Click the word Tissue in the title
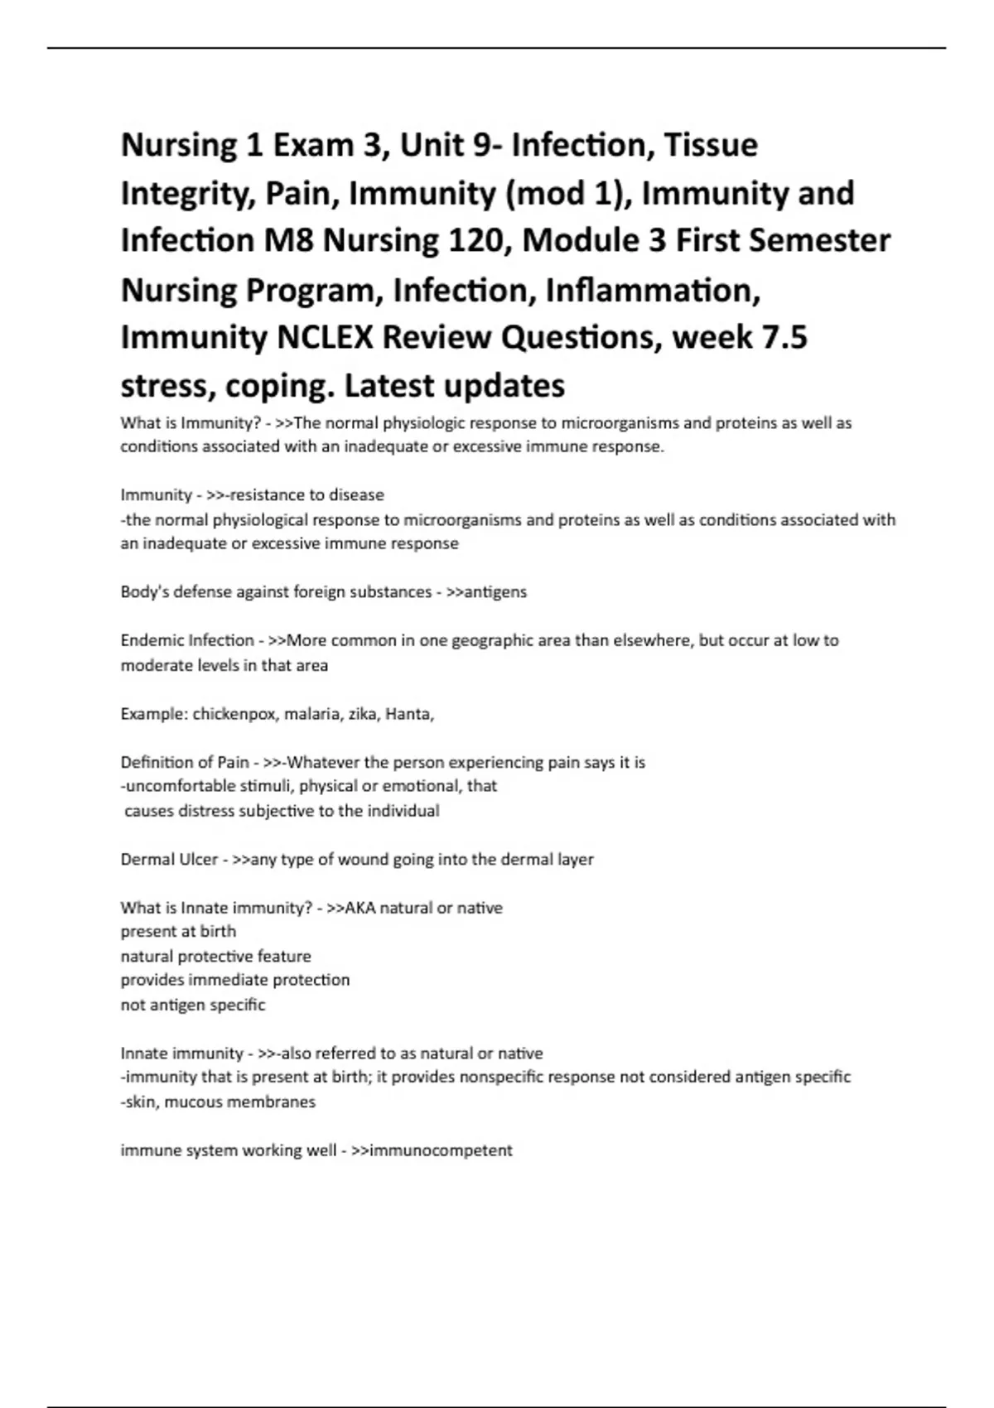tap(712, 146)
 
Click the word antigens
tap(495, 592)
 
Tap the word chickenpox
tap(234, 714)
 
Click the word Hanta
tap(408, 714)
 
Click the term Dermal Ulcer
tap(169, 860)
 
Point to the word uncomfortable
tap(180, 786)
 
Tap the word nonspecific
tap(501, 1078)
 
